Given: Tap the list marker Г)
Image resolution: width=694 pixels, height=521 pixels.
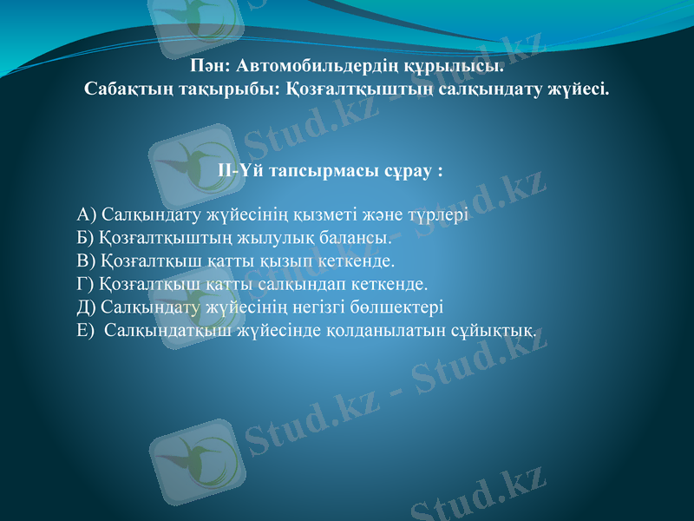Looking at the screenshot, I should (86, 283).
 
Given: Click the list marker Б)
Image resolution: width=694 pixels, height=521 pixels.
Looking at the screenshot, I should (86, 237).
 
